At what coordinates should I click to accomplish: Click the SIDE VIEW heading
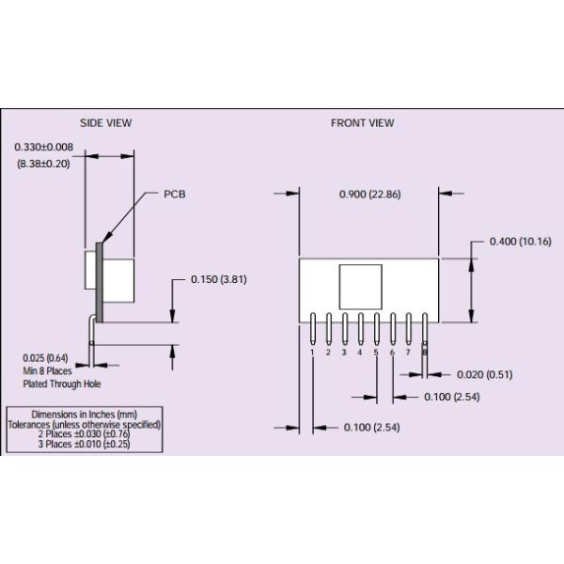[x=105, y=123]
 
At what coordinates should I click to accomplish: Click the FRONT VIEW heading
[x=362, y=123]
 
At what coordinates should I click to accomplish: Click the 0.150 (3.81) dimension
[x=218, y=279]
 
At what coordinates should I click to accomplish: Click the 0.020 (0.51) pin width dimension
[x=485, y=374]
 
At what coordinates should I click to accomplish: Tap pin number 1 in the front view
[x=312, y=352]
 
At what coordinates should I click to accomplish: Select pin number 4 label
[x=360, y=352]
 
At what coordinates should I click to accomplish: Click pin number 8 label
[x=425, y=352]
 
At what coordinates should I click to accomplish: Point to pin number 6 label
[x=392, y=352]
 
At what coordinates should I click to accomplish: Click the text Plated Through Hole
[x=62, y=384]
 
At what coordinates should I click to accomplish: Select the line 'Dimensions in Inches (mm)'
[x=84, y=415]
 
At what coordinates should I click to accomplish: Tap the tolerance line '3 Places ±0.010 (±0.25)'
[x=84, y=444]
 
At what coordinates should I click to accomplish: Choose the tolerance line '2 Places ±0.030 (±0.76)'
[x=84, y=434]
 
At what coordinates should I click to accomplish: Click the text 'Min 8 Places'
[x=48, y=370]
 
